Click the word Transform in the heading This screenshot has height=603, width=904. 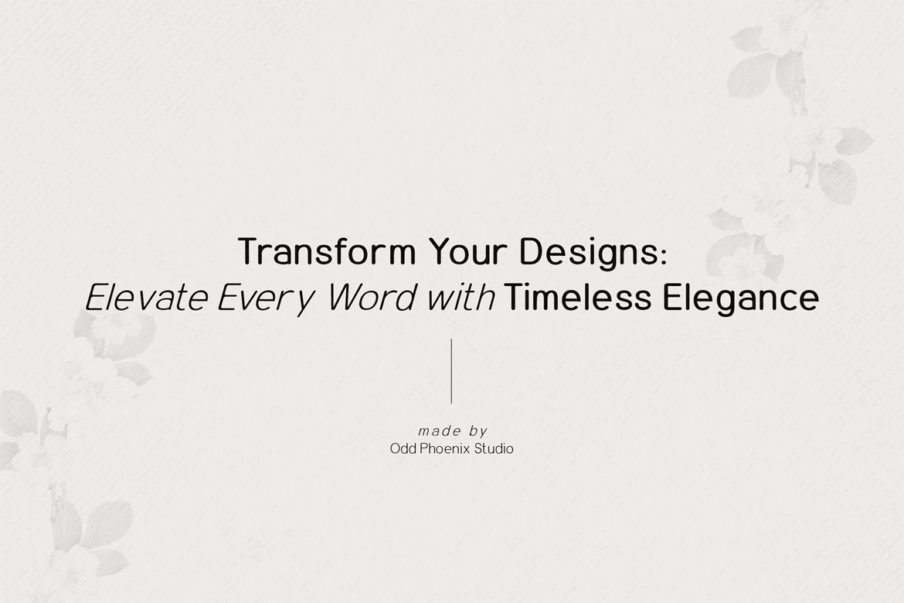327,251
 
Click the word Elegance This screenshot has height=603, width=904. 741,300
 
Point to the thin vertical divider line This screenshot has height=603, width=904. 451,371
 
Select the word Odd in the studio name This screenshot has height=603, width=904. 403,448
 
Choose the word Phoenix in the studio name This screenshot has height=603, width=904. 445,448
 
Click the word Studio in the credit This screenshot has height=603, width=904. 494,448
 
